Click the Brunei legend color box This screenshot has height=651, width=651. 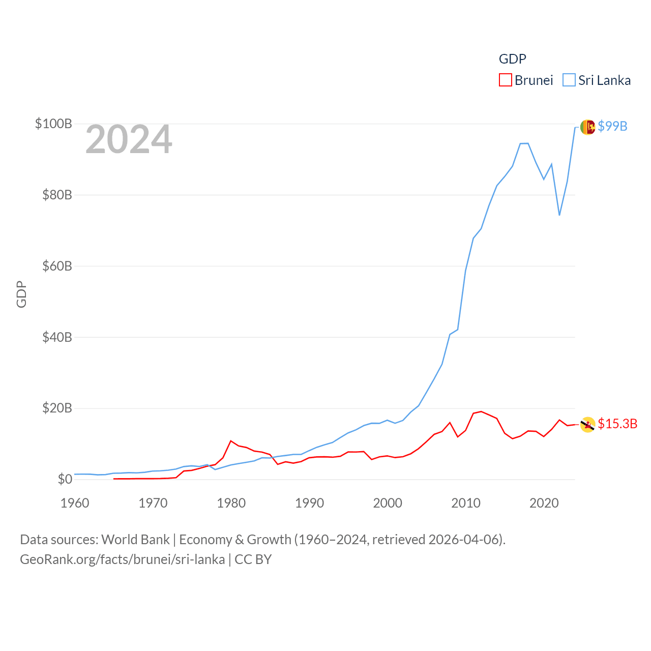[x=505, y=80]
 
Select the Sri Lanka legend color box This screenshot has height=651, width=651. [x=569, y=80]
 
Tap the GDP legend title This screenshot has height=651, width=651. [x=512, y=59]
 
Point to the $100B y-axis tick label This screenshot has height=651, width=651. [x=53, y=124]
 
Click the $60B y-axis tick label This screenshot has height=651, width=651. [x=57, y=266]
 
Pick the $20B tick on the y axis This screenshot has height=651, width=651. [x=57, y=408]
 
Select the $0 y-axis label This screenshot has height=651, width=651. [x=65, y=479]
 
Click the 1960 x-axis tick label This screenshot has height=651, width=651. [x=75, y=503]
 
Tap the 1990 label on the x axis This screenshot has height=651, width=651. [x=309, y=503]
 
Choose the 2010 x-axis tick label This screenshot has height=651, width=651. [x=466, y=503]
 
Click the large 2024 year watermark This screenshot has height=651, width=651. [x=129, y=139]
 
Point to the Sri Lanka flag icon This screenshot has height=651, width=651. [x=587, y=127]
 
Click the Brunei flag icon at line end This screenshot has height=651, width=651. [x=587, y=424]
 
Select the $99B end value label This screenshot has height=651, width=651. [x=612, y=126]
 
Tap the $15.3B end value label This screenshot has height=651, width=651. [x=617, y=424]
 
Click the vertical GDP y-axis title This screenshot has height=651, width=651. [x=21, y=294]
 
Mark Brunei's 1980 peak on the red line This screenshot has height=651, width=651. [x=231, y=441]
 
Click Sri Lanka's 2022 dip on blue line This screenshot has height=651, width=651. [x=559, y=215]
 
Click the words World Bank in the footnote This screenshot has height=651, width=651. [x=135, y=539]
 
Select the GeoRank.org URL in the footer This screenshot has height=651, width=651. [x=122, y=559]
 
